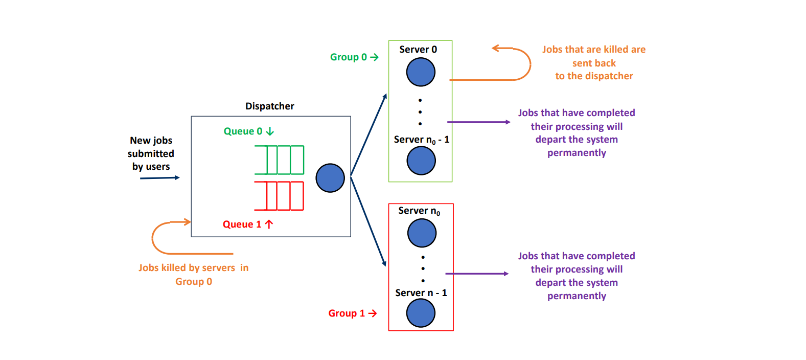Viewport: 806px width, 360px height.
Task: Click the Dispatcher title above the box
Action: pyautogui.click(x=269, y=106)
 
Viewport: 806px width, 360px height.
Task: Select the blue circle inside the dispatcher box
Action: pyautogui.click(x=330, y=178)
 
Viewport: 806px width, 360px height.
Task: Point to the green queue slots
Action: pyautogui.click(x=279, y=160)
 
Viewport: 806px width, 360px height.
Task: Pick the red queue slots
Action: pyautogui.click(x=279, y=196)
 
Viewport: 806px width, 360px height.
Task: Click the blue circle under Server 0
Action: pyautogui.click(x=421, y=72)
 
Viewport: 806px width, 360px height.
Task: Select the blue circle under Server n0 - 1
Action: pyautogui.click(x=421, y=161)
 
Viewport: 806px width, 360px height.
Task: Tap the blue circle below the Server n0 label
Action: pyautogui.click(x=422, y=233)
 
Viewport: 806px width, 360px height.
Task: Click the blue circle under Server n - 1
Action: pyautogui.click(x=421, y=313)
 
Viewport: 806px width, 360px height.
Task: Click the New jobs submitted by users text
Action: pyautogui.click(x=151, y=153)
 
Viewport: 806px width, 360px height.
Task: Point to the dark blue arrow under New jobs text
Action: pyautogui.click(x=159, y=178)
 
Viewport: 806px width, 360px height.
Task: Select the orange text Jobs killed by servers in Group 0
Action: pyautogui.click(x=193, y=275)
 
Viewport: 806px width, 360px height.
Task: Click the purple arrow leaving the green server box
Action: pyautogui.click(x=478, y=122)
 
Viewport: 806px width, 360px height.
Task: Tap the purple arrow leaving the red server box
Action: pyautogui.click(x=476, y=274)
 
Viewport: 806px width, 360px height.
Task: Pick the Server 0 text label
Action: pyautogui.click(x=418, y=50)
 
